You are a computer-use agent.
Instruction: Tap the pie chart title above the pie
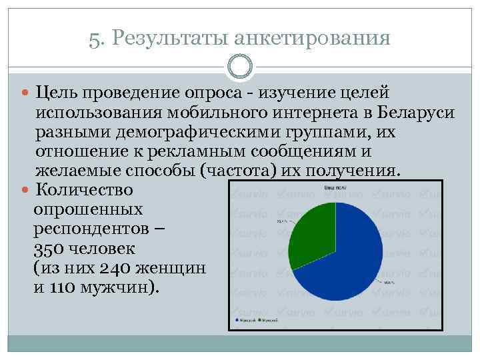click(335, 189)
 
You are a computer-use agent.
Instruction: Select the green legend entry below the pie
click(268, 321)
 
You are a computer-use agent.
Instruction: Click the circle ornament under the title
click(240, 67)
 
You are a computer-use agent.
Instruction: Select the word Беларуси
click(415, 112)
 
